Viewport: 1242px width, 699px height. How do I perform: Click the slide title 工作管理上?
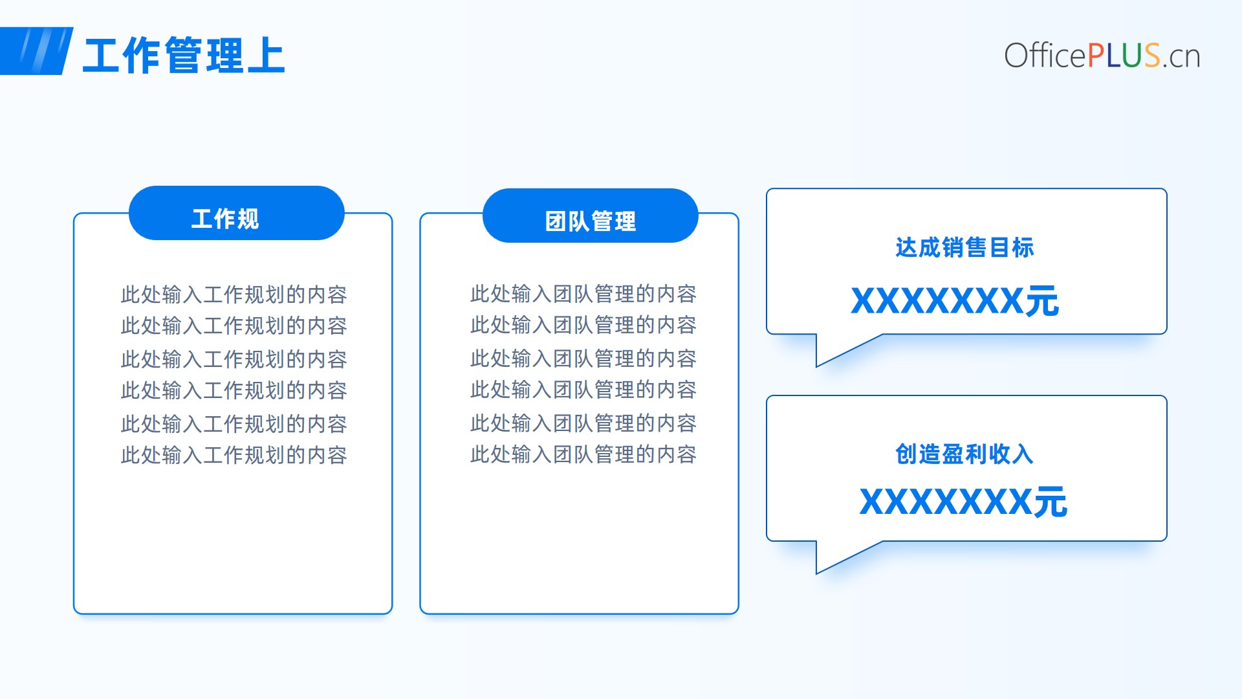[184, 55]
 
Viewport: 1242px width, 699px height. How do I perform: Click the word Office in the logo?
[1045, 55]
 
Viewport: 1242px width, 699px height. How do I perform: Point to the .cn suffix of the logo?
[1181, 57]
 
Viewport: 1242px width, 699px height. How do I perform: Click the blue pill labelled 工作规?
[236, 213]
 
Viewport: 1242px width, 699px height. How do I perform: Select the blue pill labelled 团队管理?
[590, 216]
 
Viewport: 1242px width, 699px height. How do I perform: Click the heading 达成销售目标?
[964, 247]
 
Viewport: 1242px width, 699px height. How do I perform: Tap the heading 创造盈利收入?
[964, 454]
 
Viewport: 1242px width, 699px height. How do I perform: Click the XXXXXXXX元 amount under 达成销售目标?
[955, 301]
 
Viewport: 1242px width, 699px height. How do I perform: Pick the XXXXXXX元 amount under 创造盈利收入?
[963, 502]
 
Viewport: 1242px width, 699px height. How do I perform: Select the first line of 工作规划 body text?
[234, 294]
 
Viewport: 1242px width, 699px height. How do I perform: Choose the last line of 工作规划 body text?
[234, 455]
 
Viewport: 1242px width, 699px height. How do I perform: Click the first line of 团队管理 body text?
[583, 294]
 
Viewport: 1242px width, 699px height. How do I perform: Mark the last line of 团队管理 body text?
[583, 454]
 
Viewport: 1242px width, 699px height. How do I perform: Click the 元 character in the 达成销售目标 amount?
[1041, 302]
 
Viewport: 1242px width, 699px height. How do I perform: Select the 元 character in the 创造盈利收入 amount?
[1050, 502]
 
